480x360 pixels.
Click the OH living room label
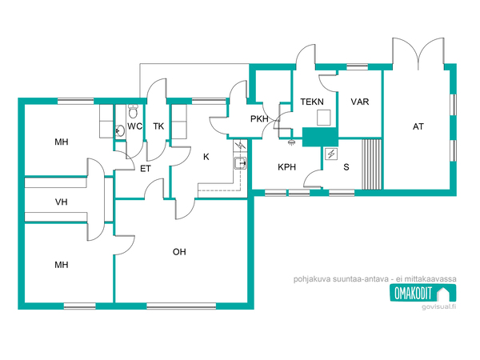coord(179,252)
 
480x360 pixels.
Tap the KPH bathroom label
coord(287,167)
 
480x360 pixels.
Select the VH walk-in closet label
coord(62,202)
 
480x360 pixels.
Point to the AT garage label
coord(418,126)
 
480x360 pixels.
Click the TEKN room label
coord(312,102)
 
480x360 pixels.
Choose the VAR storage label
coord(360,102)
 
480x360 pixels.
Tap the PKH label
coord(259,118)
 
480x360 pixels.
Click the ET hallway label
coord(146,169)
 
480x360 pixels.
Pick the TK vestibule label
coord(158,126)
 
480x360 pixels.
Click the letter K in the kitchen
coord(206,157)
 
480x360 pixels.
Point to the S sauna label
coord(346,167)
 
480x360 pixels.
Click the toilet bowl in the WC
coord(133,111)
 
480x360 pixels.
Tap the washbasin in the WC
coord(120,131)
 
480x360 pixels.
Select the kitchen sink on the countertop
coord(240,163)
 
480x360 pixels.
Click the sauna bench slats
coord(372,164)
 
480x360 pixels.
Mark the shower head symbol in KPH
coord(291,142)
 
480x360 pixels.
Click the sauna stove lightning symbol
coord(331,154)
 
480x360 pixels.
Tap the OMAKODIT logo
coord(422,293)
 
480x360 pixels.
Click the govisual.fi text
coord(438,306)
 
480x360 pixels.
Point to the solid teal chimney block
coord(320,137)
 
